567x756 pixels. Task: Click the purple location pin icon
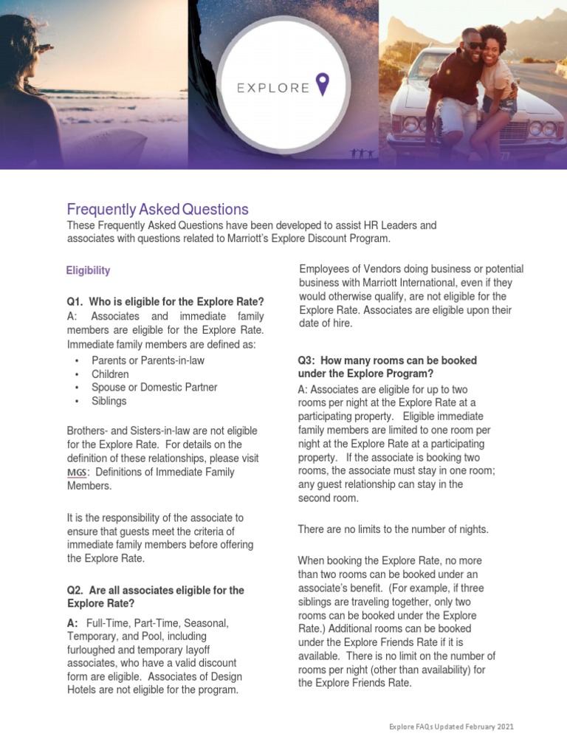pyautogui.click(x=322, y=84)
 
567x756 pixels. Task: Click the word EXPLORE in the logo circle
pyautogui.click(x=273, y=88)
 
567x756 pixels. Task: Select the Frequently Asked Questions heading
pyautogui.click(x=158, y=209)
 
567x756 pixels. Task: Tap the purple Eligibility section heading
pyautogui.click(x=88, y=270)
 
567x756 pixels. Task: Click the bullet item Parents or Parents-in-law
pyautogui.click(x=148, y=360)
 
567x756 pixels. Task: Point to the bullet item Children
pyautogui.click(x=110, y=374)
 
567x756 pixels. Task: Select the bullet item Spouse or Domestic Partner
pyautogui.click(x=154, y=387)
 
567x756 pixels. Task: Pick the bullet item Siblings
pyautogui.click(x=109, y=401)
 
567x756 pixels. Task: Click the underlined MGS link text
pyautogui.click(x=76, y=472)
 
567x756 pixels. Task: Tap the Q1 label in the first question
pyautogui.click(x=76, y=301)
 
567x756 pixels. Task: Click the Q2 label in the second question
pyautogui.click(x=76, y=591)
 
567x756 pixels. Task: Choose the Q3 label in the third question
pyautogui.click(x=308, y=360)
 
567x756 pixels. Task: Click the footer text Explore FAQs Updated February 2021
pyautogui.click(x=451, y=727)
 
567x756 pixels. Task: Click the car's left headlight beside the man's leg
pyautogui.click(x=410, y=123)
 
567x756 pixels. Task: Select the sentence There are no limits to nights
pyautogui.click(x=393, y=529)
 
